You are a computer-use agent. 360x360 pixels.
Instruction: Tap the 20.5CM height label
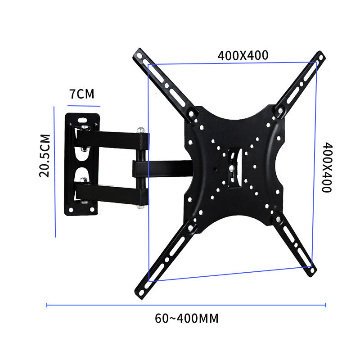pos(44,155)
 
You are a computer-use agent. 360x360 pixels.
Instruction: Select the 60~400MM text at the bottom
pos(186,319)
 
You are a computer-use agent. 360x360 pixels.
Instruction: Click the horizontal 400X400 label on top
pos(243,55)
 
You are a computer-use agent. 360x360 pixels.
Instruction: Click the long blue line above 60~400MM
pos(186,306)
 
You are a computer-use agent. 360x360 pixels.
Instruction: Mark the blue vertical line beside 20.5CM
pos(54,171)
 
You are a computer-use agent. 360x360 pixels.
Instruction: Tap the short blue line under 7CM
pos(83,106)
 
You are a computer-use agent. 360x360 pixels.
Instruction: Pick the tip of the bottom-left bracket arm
pos(138,294)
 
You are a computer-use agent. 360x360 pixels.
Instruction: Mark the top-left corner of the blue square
pos(148,64)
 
